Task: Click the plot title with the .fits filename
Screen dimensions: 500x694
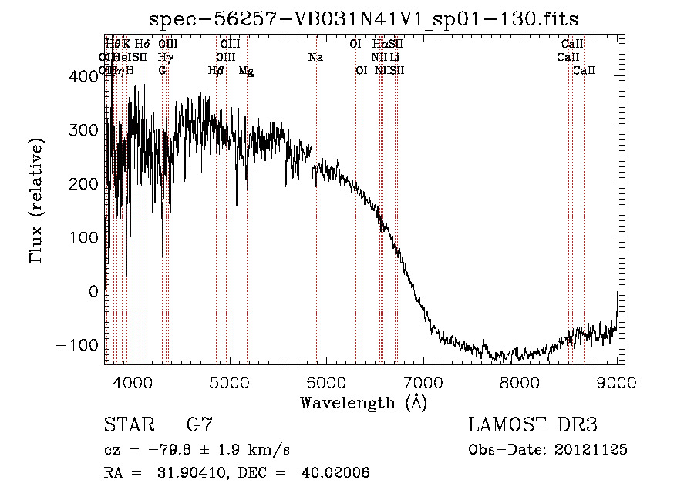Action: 364,18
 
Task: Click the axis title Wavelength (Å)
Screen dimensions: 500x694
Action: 363,402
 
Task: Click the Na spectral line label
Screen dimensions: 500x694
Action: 315,58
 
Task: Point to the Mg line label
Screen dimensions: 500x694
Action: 246,71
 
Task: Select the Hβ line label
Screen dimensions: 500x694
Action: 216,71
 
